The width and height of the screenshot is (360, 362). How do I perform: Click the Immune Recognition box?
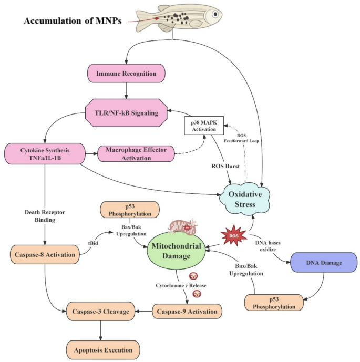pyautogui.click(x=127, y=74)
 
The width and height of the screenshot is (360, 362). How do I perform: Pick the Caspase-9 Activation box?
pyautogui.click(x=187, y=311)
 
